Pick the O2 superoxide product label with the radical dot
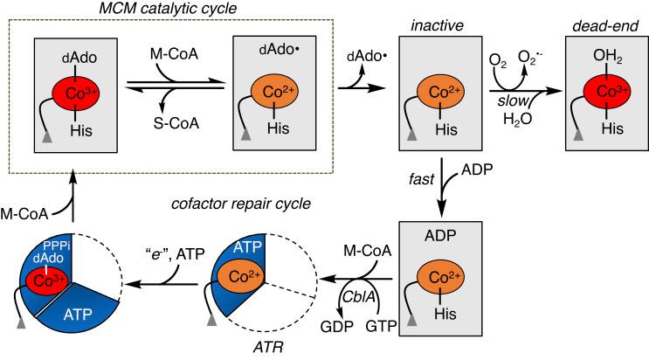point(529,60)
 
